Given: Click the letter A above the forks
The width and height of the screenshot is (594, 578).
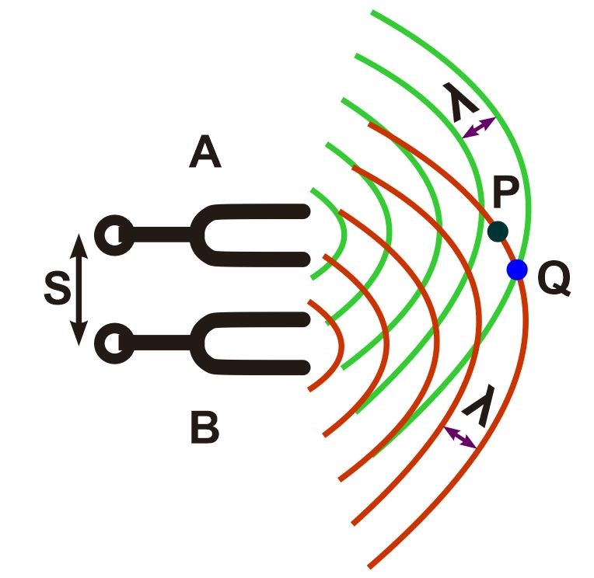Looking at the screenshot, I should click(205, 155).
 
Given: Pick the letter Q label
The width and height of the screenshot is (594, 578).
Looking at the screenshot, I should click(554, 280).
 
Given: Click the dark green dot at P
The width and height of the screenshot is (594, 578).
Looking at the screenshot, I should click(498, 231).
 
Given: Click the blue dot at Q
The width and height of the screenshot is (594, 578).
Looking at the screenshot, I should click(517, 270).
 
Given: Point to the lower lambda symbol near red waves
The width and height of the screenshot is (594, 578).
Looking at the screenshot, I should click(478, 409).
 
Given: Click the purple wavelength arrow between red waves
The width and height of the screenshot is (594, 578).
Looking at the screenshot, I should click(459, 437).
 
